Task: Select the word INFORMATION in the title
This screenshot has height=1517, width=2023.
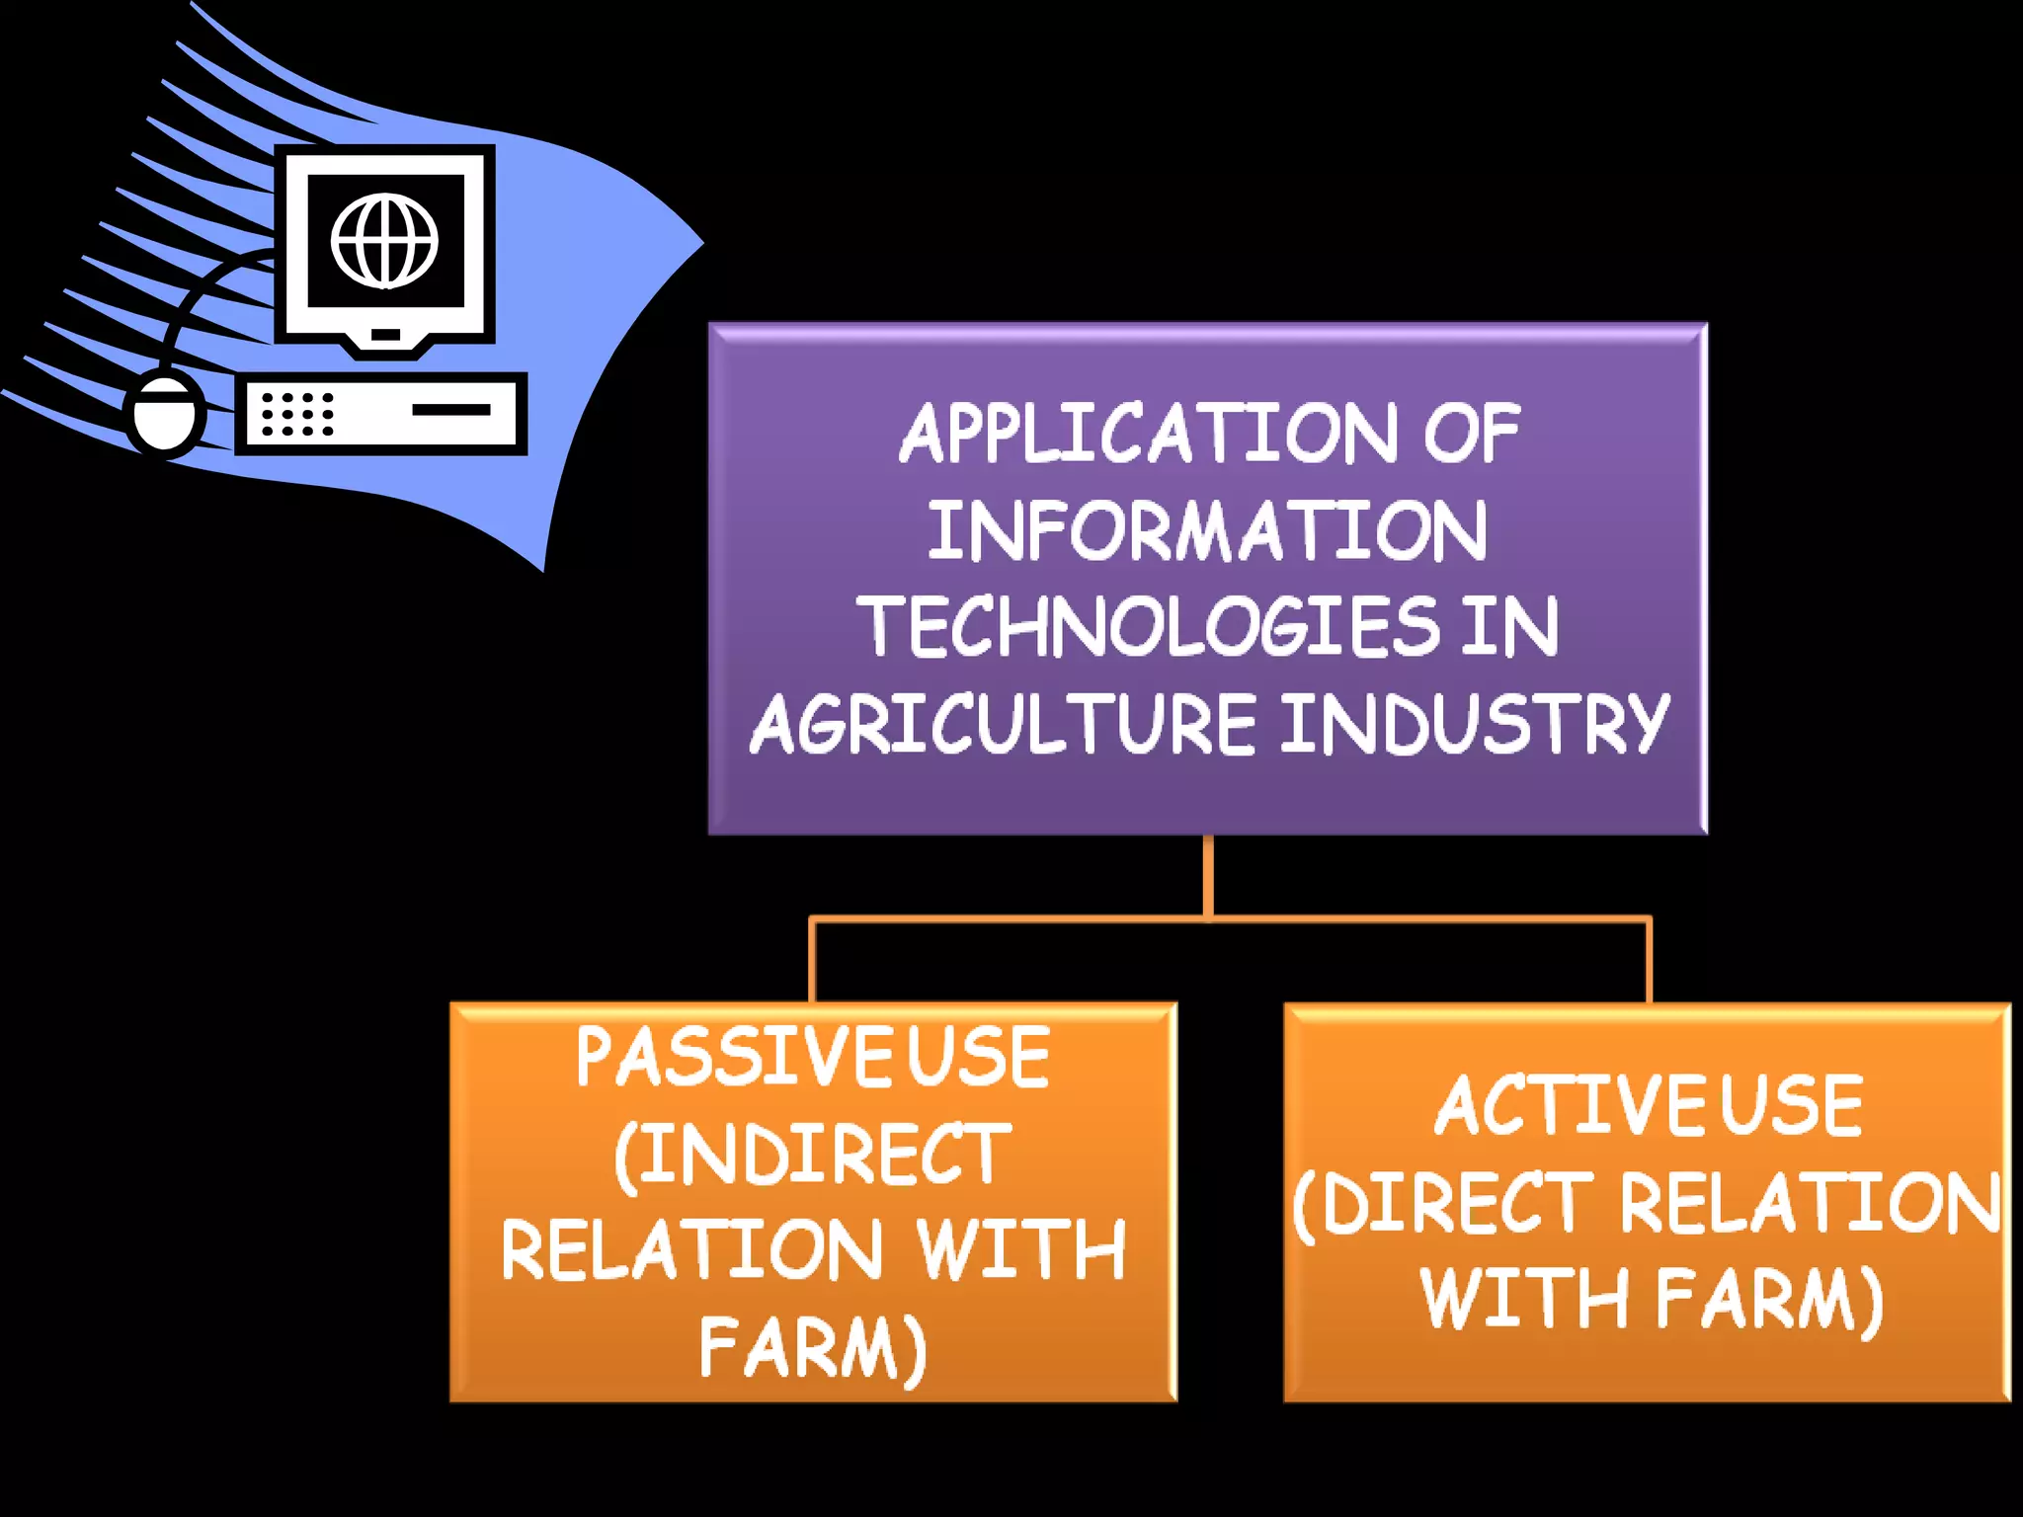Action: tap(1207, 530)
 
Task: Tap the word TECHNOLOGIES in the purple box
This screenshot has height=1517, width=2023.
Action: tap(1150, 626)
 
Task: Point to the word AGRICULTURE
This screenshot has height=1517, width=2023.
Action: tap(1003, 723)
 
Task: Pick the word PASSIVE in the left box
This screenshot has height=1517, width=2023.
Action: tap(735, 1058)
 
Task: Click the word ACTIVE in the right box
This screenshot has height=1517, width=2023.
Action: tap(1571, 1105)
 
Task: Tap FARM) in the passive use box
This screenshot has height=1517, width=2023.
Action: tap(812, 1347)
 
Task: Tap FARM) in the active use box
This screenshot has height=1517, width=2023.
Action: tap(1770, 1299)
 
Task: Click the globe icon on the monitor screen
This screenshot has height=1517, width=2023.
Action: tap(385, 241)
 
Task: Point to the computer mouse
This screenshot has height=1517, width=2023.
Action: tap(164, 415)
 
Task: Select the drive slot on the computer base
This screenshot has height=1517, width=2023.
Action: tap(451, 409)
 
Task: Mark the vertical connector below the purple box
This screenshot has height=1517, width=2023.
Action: tap(1208, 875)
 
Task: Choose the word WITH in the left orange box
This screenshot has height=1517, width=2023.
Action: tap(1021, 1250)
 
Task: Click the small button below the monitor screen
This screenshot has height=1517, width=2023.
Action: tap(386, 335)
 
